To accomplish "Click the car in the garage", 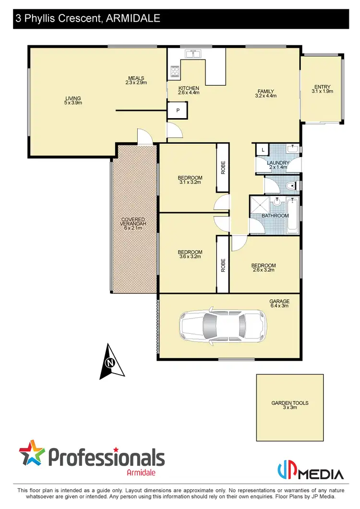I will pyautogui.click(x=222, y=327).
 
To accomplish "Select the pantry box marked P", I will pyautogui.click(x=177, y=110).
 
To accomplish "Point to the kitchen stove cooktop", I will pyautogui.click(x=174, y=72).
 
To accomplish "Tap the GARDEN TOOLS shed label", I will pyautogui.click(x=289, y=405).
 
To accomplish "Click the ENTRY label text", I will pyautogui.click(x=322, y=88).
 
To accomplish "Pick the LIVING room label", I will pyautogui.click(x=73, y=100).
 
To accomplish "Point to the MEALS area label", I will pyautogui.click(x=136, y=81).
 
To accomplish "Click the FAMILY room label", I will pyautogui.click(x=265, y=93).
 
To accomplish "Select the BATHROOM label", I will pyautogui.click(x=275, y=216).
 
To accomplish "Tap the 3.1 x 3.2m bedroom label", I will pyautogui.click(x=190, y=180).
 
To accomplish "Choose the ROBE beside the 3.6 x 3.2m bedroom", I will pyautogui.click(x=223, y=266).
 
